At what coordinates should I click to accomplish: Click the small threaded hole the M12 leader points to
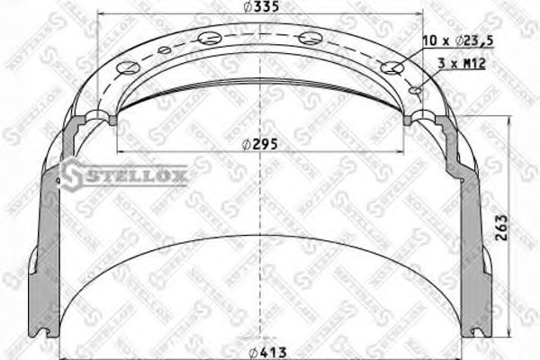tap(415, 89)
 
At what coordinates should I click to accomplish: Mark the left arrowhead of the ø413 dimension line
tap(58, 352)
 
